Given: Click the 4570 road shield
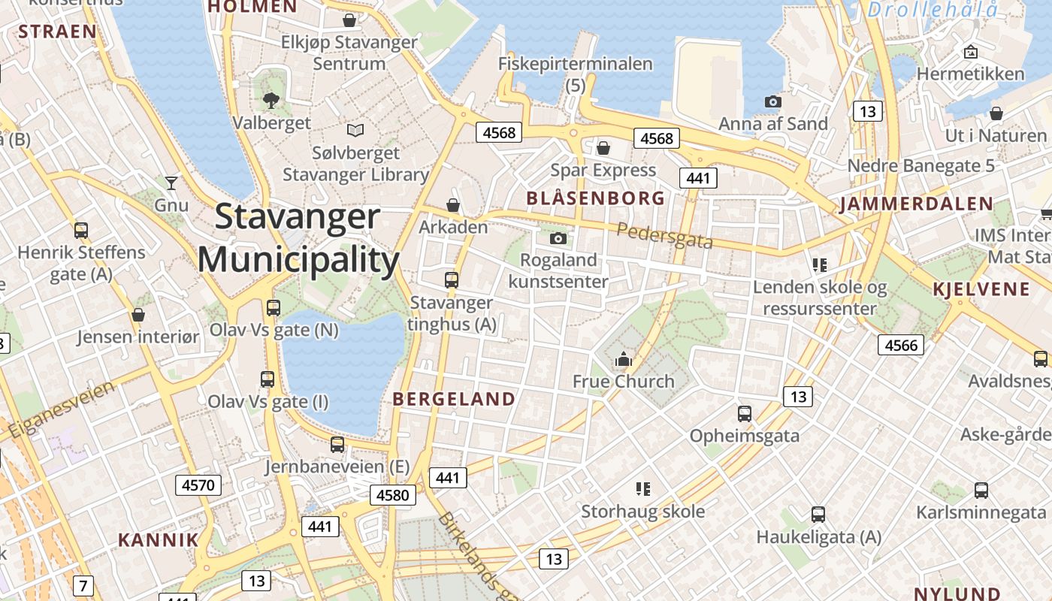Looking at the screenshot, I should [x=198, y=485].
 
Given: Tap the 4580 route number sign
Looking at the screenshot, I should [x=392, y=495].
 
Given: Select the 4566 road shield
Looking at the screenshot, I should [x=901, y=345].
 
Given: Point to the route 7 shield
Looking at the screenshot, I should [x=83, y=585].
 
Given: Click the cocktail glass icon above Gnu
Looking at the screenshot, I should [x=171, y=183].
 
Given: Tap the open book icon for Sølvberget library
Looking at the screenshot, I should [x=355, y=131].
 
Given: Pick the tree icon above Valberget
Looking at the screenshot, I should [x=271, y=100].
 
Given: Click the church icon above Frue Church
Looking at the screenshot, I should [x=624, y=360].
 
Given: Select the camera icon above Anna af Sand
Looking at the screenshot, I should [x=772, y=101].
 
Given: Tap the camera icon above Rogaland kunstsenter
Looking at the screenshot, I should [x=558, y=239].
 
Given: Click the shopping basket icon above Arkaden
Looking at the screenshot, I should [x=453, y=204].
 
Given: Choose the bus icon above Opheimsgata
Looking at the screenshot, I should [x=744, y=414].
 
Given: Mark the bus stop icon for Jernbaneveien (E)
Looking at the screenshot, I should [x=337, y=445].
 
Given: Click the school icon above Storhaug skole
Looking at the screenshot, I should [x=642, y=490].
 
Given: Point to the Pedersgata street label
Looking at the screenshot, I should [x=664, y=235].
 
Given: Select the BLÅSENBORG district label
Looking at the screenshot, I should [x=596, y=198].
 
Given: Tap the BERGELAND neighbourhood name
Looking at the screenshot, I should [x=455, y=399].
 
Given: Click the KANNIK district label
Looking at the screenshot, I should [x=159, y=539].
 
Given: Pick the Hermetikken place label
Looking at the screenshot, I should [x=970, y=74].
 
